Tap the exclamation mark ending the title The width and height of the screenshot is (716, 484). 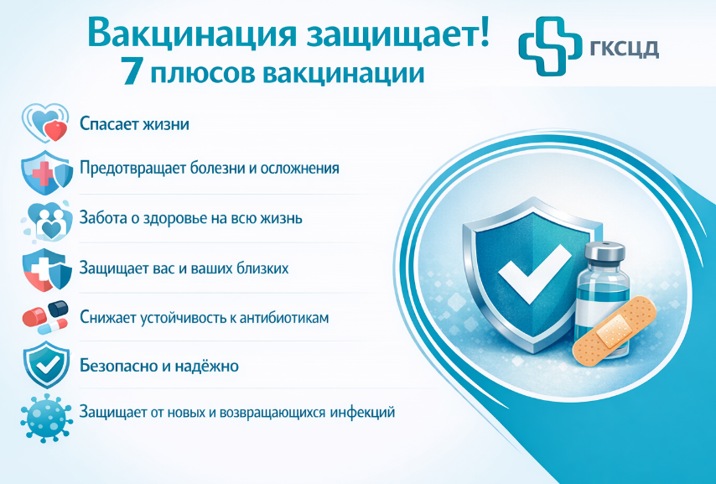click(484, 31)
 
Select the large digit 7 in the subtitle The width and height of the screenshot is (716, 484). click(132, 72)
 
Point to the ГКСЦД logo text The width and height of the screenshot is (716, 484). click(625, 48)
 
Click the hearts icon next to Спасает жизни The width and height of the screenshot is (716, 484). click(45, 122)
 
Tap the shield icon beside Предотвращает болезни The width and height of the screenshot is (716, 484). click(47, 172)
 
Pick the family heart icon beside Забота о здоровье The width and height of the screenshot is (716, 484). click(48, 221)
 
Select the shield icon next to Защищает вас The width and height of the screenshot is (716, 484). click(47, 270)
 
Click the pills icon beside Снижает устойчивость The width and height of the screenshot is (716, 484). click(45, 317)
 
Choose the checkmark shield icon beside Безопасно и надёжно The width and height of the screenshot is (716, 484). click(46, 365)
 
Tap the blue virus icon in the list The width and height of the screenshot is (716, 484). click(46, 418)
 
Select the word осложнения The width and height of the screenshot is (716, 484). click(299, 169)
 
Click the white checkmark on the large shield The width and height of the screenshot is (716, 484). click(533, 273)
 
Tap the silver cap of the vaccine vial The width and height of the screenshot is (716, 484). click(604, 251)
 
